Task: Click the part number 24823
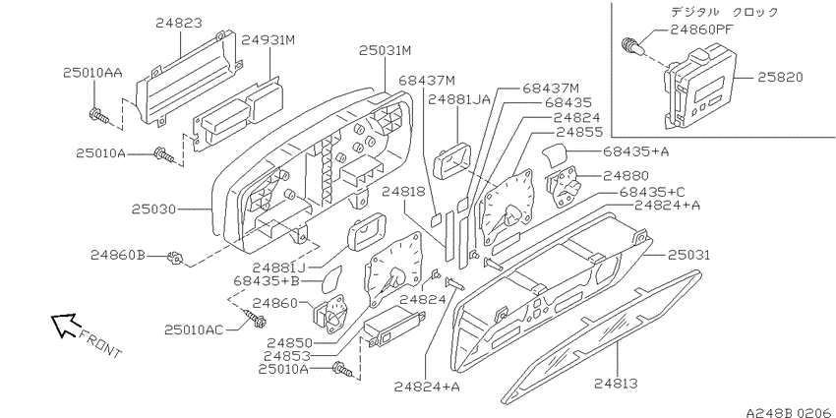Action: [x=179, y=23]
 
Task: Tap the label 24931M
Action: [x=269, y=40]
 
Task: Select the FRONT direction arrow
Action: [x=65, y=325]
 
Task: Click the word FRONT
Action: [x=100, y=343]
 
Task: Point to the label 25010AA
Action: [x=92, y=73]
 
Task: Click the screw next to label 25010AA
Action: [x=99, y=115]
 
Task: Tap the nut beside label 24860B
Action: [x=174, y=258]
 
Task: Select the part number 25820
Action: [x=781, y=78]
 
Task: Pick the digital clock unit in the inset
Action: [x=698, y=88]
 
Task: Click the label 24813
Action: [x=616, y=383]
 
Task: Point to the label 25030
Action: [x=154, y=209]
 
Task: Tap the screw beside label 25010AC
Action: [x=254, y=319]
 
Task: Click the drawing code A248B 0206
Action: [x=791, y=413]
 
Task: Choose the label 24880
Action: [x=626, y=175]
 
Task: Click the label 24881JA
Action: [x=458, y=99]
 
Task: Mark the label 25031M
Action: [x=385, y=50]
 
